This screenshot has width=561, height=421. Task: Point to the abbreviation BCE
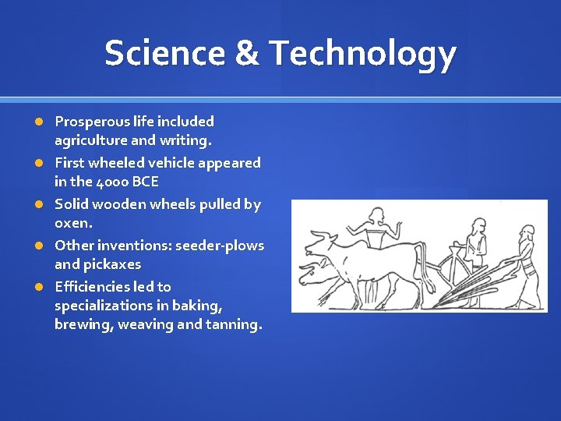(146, 182)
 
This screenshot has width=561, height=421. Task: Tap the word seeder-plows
(220, 246)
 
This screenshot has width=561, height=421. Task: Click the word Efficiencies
(87, 287)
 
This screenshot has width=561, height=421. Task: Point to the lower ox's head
(312, 273)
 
